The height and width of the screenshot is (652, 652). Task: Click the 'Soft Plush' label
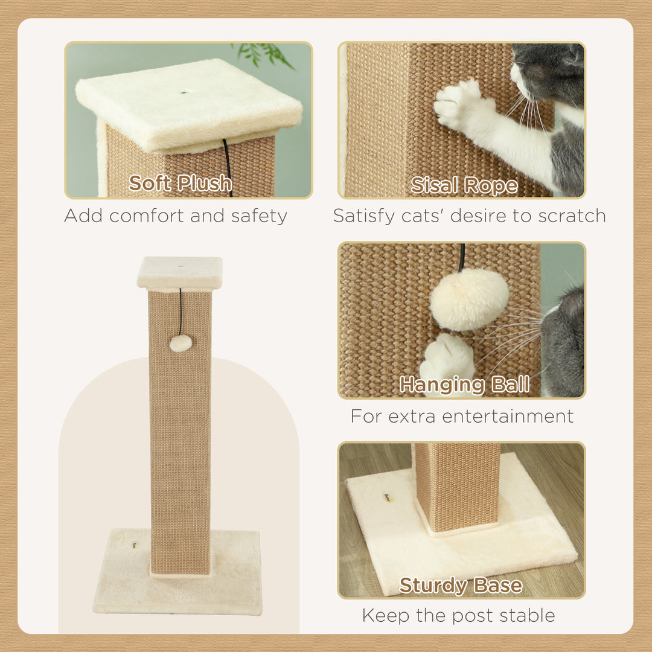pyautogui.click(x=181, y=183)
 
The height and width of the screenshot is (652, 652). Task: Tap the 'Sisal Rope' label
pyautogui.click(x=464, y=185)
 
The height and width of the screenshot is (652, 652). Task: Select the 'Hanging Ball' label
pyautogui.click(x=464, y=384)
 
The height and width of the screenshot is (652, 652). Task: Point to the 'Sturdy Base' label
pyautogui.click(x=461, y=585)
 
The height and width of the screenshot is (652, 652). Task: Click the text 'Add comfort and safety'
pyautogui.click(x=176, y=216)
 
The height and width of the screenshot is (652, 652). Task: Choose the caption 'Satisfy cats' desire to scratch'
pyautogui.click(x=469, y=216)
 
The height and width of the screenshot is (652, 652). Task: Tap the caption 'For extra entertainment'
pyautogui.click(x=462, y=416)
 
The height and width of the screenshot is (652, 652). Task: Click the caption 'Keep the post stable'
pyautogui.click(x=458, y=615)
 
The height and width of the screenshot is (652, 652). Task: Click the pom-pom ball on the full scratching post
pyautogui.click(x=181, y=344)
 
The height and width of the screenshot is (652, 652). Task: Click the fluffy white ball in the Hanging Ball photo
pyautogui.click(x=469, y=299)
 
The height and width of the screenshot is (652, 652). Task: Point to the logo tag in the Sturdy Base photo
pyautogui.click(x=389, y=499)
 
